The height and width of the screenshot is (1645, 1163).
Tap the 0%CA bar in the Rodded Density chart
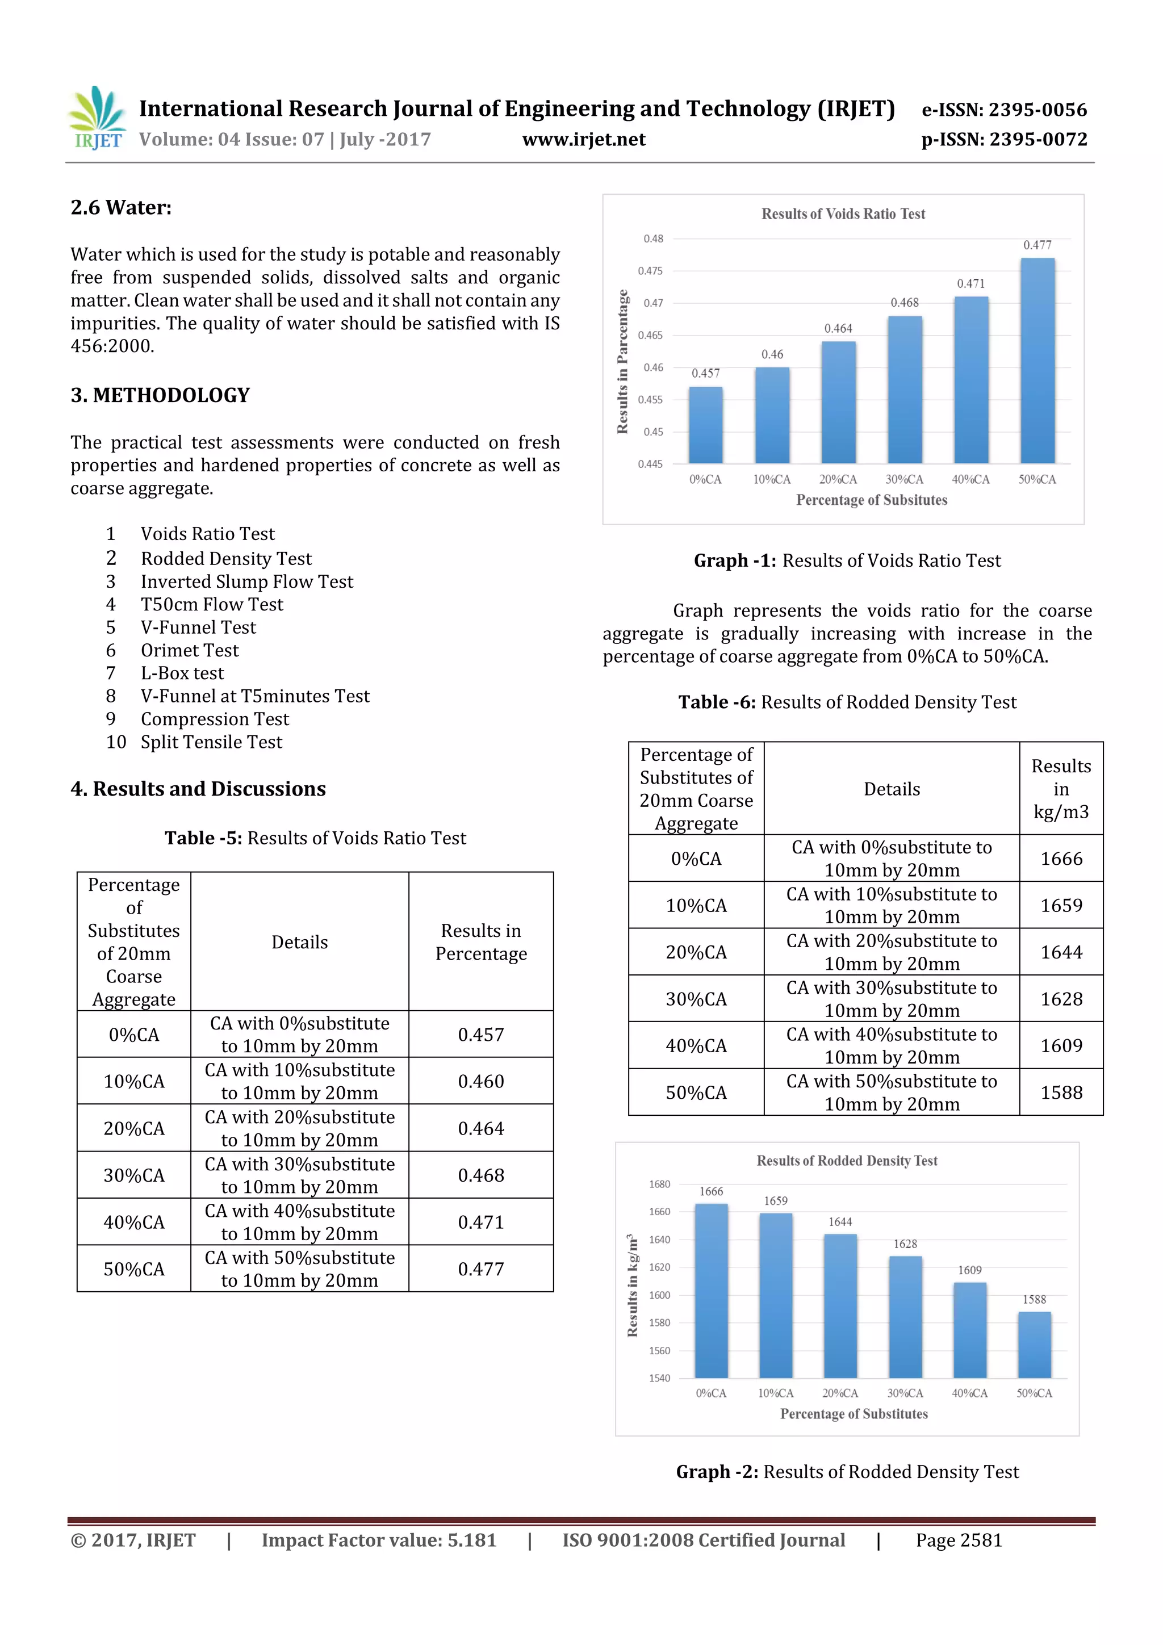[x=711, y=1290]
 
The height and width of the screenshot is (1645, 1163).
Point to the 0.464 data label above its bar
[x=838, y=329]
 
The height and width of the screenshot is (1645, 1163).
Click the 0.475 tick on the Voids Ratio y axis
[x=650, y=271]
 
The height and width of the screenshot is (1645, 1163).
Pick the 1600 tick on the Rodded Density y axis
[x=659, y=1295]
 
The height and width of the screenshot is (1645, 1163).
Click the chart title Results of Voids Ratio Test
[x=843, y=214]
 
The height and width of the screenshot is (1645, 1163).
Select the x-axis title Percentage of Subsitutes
[x=871, y=500]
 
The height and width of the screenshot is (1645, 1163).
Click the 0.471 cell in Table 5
[x=481, y=1223]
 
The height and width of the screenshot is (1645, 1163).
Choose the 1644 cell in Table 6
[x=1061, y=952]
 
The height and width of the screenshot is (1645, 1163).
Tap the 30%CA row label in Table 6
[x=696, y=999]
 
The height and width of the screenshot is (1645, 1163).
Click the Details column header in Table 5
[x=299, y=942]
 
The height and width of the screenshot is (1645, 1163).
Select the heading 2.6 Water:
[x=121, y=208]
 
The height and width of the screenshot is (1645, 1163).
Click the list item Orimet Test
[x=189, y=651]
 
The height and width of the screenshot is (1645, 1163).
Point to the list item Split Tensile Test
[x=211, y=742]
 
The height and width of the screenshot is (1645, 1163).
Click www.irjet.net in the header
[x=583, y=140]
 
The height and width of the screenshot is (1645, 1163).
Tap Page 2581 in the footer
[x=959, y=1541]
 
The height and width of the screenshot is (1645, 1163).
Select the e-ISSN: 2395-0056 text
[x=1003, y=110]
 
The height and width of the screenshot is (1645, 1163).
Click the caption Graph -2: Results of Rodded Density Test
[x=847, y=1472]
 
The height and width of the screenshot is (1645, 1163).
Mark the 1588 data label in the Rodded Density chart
[x=1034, y=1300]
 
